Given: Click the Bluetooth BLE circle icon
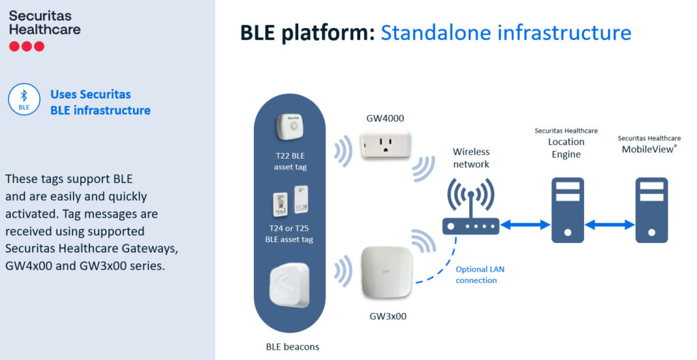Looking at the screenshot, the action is tap(24, 99).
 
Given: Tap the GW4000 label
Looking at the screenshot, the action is tap(385, 118).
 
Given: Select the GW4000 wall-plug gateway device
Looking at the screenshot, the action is tap(385, 144).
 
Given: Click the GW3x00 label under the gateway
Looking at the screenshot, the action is tap(388, 316).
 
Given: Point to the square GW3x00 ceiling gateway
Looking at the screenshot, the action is tap(387, 272).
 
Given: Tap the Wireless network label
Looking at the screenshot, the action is tap(471, 158).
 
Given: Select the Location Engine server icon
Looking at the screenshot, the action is tap(568, 210).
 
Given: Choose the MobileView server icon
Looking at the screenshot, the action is tap(651, 210).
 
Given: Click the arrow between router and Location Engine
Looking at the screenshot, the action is tap(525, 225).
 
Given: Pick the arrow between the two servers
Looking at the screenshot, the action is tap(609, 225).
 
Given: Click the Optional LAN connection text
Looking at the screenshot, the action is tap(480, 275).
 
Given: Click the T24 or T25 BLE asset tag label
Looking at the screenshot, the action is tap(289, 234).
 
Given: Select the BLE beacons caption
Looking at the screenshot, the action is tap(293, 346).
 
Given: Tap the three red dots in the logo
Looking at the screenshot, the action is tap(27, 46).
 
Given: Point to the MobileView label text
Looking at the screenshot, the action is tap(649, 149).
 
